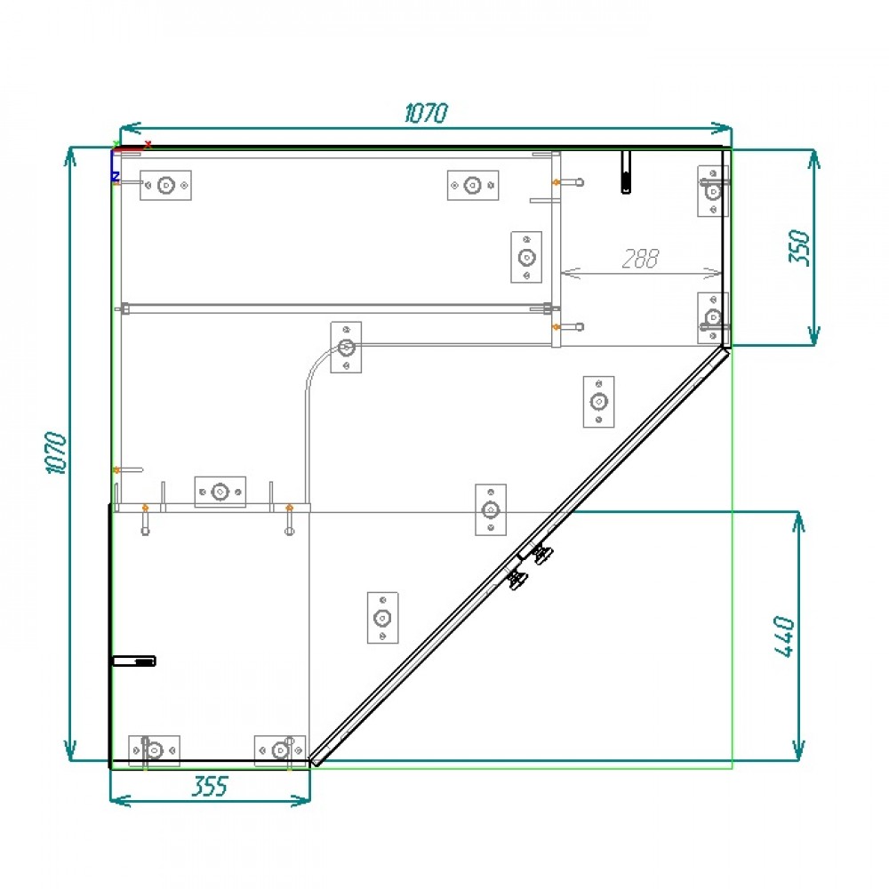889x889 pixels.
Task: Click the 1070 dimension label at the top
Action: (x=427, y=113)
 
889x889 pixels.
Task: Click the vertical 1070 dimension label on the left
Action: (x=55, y=453)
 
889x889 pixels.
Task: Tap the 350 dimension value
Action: (x=799, y=246)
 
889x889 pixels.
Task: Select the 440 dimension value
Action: (x=784, y=637)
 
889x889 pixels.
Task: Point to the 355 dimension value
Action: (x=211, y=787)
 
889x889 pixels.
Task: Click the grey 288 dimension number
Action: (x=641, y=259)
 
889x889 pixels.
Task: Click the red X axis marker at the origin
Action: (x=148, y=145)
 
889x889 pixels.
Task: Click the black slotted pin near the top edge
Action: (x=626, y=172)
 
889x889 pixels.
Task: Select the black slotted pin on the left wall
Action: (x=134, y=661)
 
